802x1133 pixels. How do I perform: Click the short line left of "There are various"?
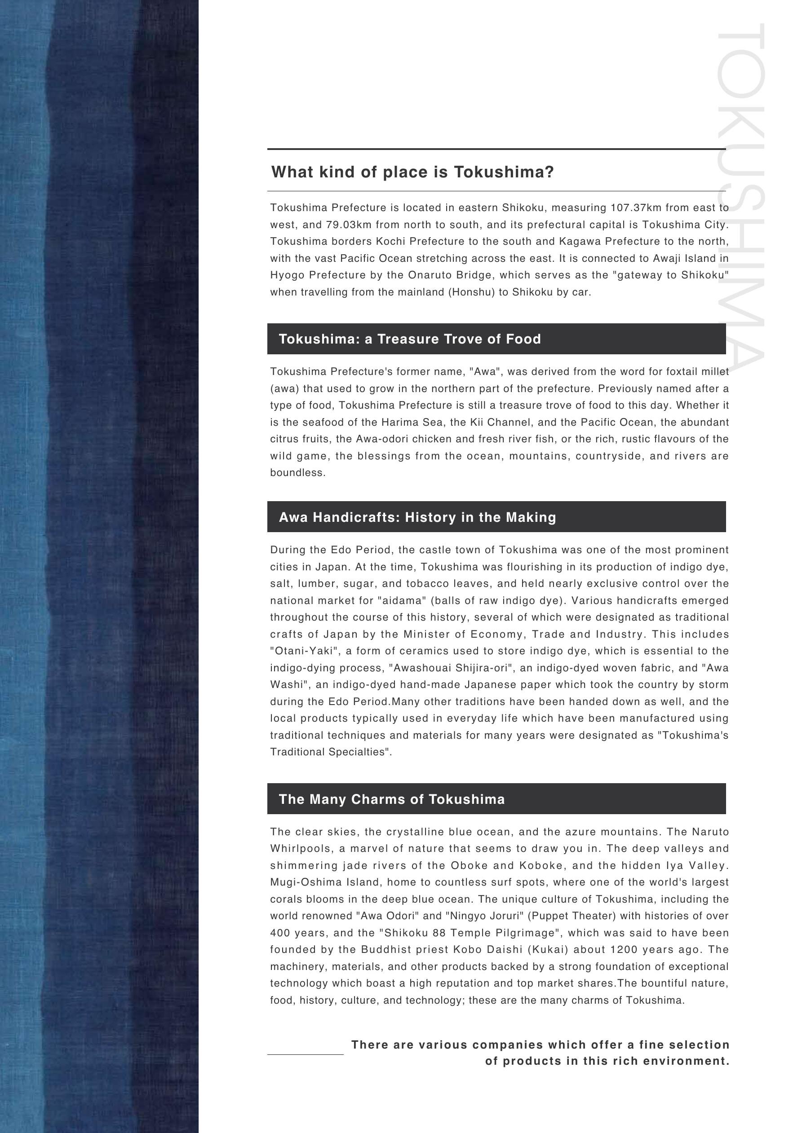[x=305, y=1054]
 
